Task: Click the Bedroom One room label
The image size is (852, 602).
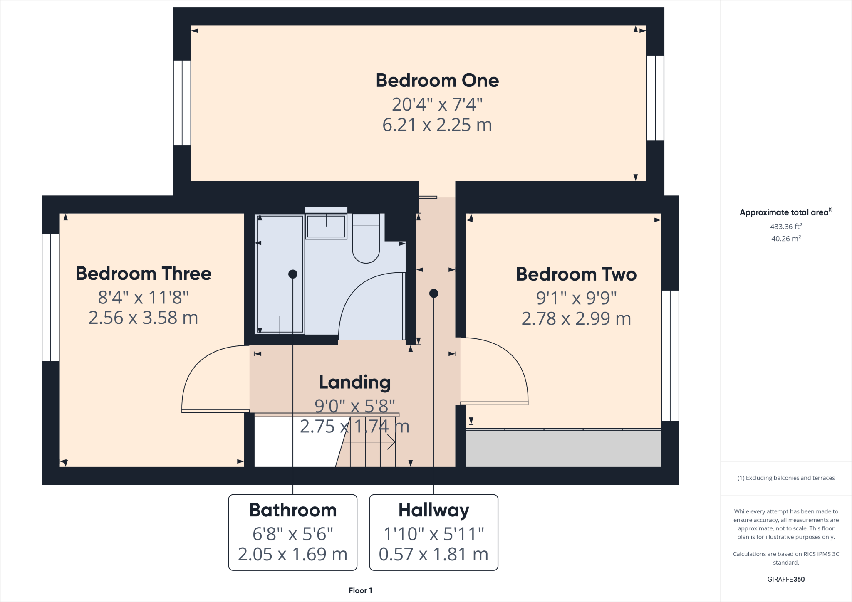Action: (437, 81)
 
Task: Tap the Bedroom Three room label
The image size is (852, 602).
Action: (144, 274)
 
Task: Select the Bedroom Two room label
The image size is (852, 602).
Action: (576, 274)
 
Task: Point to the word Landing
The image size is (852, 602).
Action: (355, 382)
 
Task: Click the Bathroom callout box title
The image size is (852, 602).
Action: (293, 510)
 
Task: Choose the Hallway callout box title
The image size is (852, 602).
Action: (433, 510)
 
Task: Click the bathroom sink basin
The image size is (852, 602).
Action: (326, 227)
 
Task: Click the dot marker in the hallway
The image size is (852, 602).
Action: (433, 294)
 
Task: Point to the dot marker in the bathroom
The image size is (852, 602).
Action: (293, 274)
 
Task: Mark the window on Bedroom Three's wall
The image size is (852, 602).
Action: (51, 297)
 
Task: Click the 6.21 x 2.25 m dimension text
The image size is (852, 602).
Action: (437, 125)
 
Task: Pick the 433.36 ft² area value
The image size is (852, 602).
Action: (786, 227)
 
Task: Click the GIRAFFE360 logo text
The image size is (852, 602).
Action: (786, 579)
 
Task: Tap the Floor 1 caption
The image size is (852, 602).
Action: (360, 590)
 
